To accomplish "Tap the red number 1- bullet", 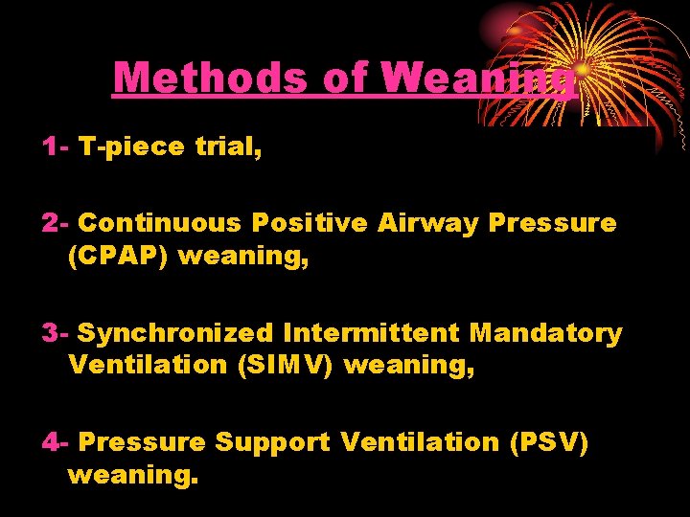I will (55, 146).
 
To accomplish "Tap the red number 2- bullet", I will (55, 223).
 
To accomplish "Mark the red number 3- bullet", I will (55, 333).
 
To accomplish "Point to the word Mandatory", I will (546, 333).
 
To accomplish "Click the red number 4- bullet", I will (55, 442).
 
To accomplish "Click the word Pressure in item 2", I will (553, 223).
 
